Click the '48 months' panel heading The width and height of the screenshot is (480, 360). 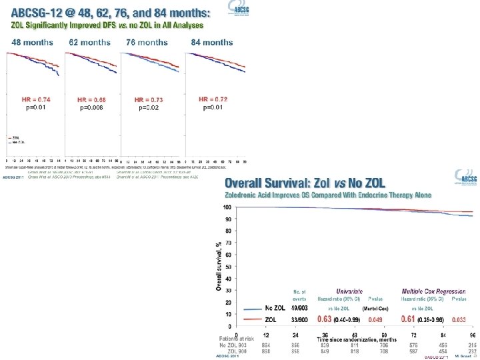pyautogui.click(x=32, y=42)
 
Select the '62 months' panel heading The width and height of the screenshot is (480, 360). pyautogui.click(x=90, y=42)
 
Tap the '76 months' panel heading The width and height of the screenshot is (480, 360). pyautogui.click(x=147, y=42)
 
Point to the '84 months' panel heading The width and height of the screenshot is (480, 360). pyautogui.click(x=212, y=42)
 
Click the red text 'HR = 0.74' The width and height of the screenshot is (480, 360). pyautogui.click(x=36, y=99)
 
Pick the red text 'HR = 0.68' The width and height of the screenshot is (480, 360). pyautogui.click(x=91, y=99)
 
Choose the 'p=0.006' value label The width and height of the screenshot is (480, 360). pyautogui.click(x=92, y=107)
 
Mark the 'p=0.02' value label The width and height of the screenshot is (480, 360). pyautogui.click(x=148, y=107)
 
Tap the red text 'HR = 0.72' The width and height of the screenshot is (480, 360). pyautogui.click(x=213, y=99)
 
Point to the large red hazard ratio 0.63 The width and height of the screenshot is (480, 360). pyautogui.click(x=325, y=320)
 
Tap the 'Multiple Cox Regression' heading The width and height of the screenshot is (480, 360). pyautogui.click(x=433, y=291)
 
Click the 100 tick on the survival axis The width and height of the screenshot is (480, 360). pyautogui.click(x=227, y=207)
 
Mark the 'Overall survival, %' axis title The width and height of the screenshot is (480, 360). pyautogui.click(x=218, y=265)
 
